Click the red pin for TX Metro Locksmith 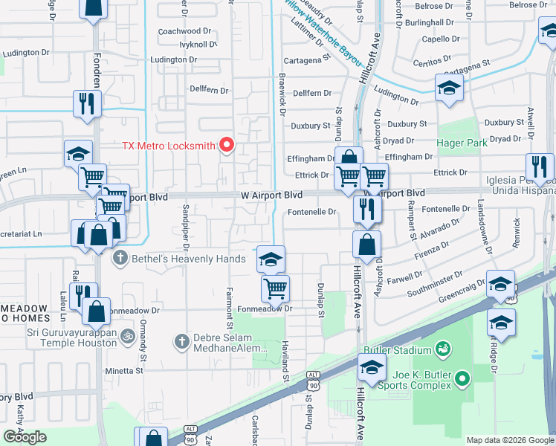pyautogui.click(x=228, y=143)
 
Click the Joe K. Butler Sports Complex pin pyautogui.click(x=463, y=380)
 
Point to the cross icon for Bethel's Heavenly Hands pyautogui.click(x=119, y=259)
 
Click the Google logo pyautogui.click(x=25, y=437)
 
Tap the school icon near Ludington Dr pyautogui.click(x=449, y=88)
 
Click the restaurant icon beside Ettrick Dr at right pyautogui.click(x=540, y=167)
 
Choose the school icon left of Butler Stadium pyautogui.click(x=372, y=367)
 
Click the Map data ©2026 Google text pyautogui.click(x=510, y=440)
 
